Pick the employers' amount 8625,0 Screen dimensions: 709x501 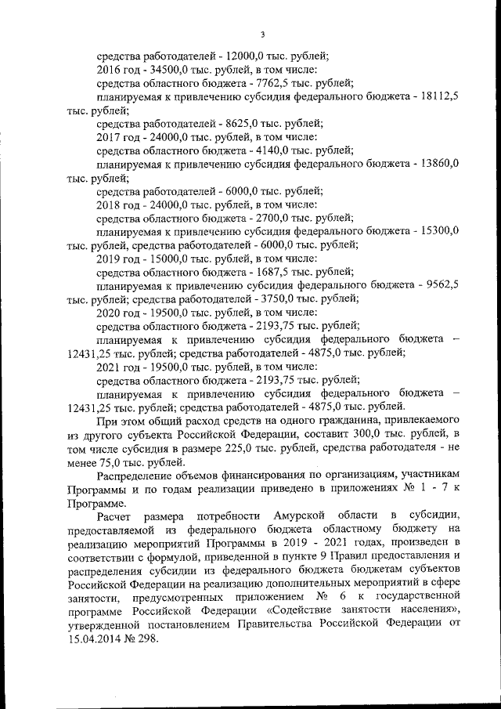[241, 124]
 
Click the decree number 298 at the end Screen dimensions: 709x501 [149, 638]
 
